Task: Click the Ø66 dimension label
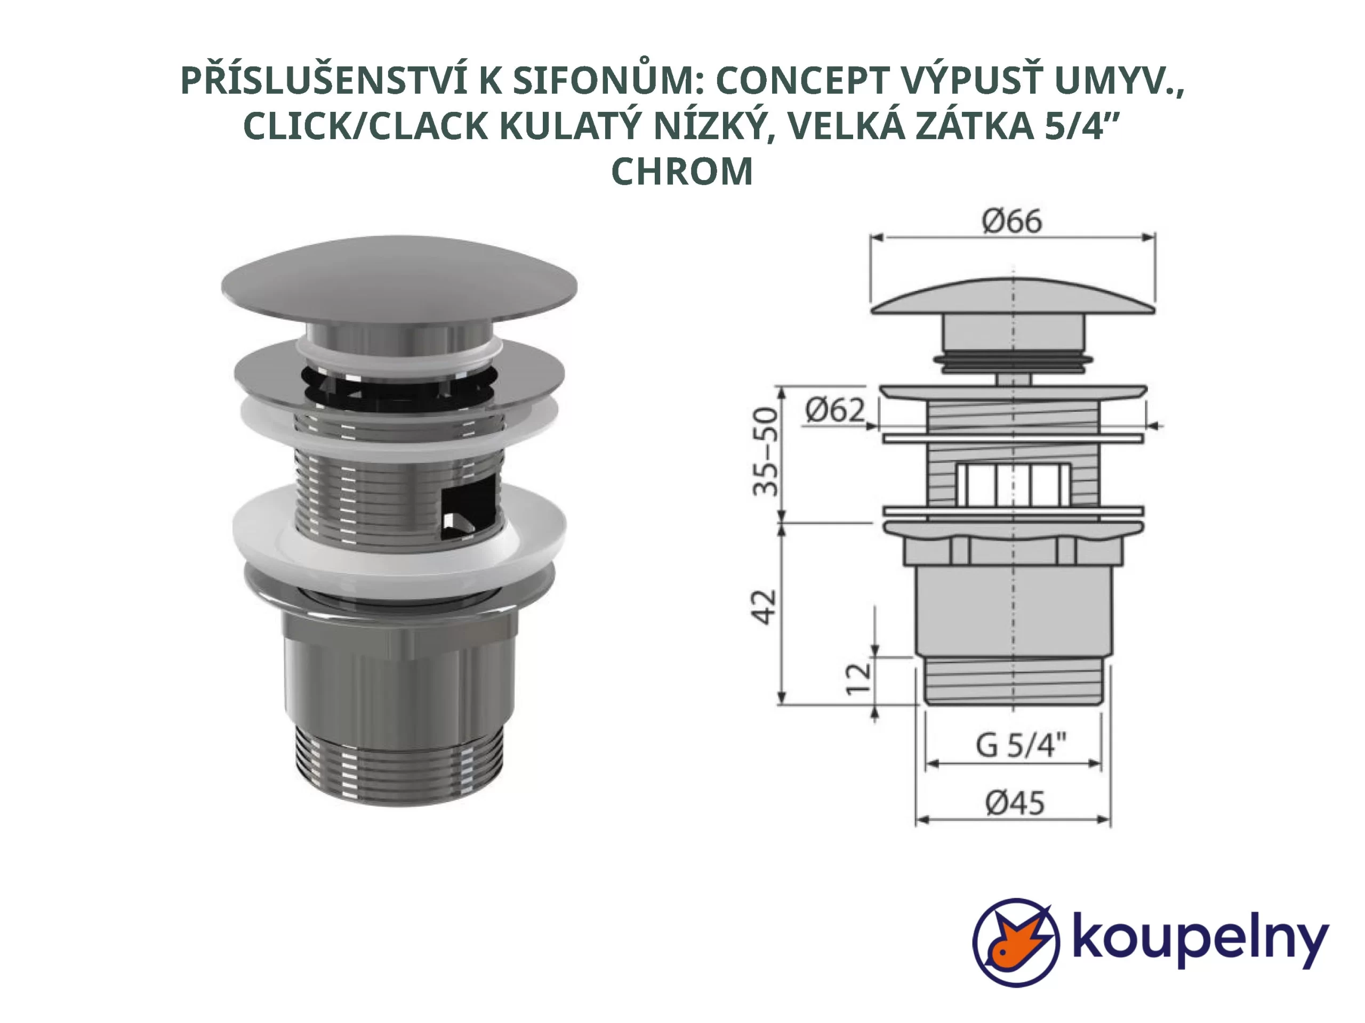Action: pos(1012,221)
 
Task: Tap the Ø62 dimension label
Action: pos(835,411)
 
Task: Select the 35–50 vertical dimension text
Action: pos(766,452)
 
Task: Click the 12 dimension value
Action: pos(858,679)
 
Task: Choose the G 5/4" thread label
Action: pos(1021,745)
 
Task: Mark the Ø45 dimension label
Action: pos(1015,803)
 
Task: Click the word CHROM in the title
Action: pos(682,172)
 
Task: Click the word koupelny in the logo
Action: pos(1200,941)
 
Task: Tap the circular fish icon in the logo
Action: pos(1016,942)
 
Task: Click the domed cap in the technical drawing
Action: pos(1012,297)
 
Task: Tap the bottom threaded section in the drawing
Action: pos(1013,681)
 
